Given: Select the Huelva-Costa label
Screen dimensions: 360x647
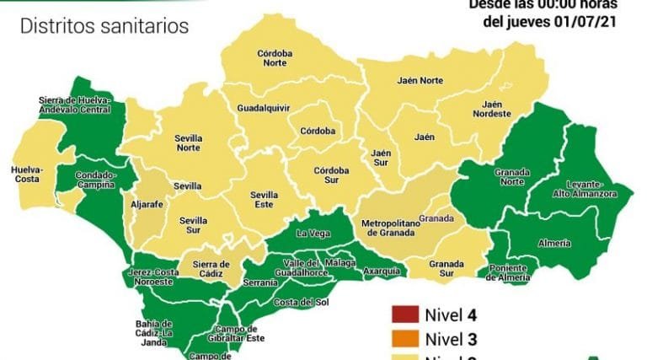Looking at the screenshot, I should (x=28, y=174).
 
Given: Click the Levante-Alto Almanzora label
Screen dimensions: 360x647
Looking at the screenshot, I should (x=590, y=188).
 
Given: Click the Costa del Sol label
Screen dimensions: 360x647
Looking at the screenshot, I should (x=306, y=302).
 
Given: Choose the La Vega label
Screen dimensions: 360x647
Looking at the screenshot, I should (x=313, y=233).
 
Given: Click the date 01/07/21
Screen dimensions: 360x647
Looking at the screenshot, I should (x=582, y=21).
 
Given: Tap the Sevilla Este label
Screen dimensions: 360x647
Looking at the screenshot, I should (x=265, y=198).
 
